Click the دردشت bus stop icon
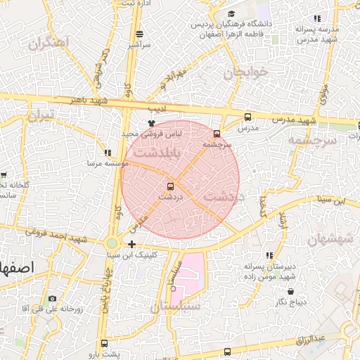[x=169, y=186]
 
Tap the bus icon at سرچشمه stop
[x=217, y=133]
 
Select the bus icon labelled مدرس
[x=247, y=117]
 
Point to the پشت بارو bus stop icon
[x=105, y=344]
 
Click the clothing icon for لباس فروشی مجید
[x=150, y=122]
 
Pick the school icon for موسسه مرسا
[x=107, y=152]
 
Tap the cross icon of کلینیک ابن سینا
[x=131, y=244]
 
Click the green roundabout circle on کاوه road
[x=112, y=243]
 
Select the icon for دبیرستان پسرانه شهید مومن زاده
[x=269, y=255]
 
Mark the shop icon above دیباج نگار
[x=290, y=290]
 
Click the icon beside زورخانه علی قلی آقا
[x=51, y=298]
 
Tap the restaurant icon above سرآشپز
[x=139, y=34]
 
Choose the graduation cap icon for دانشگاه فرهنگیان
[x=231, y=14]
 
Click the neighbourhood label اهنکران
[x=49, y=43]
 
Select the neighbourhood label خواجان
[x=246, y=72]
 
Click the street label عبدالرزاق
[x=309, y=339]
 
